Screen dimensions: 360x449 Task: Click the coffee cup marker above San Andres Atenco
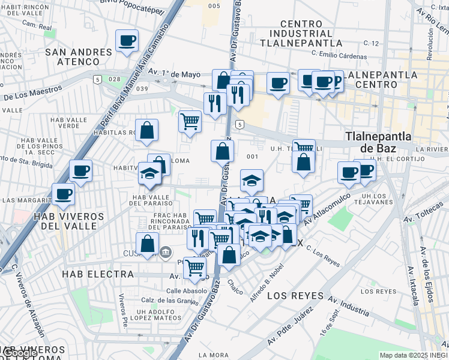tap(127, 41)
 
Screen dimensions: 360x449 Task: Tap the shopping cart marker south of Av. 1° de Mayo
tap(190, 121)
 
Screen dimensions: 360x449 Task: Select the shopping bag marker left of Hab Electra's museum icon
tap(147, 244)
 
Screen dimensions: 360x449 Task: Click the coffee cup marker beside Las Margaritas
tap(63, 194)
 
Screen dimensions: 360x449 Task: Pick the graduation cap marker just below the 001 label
tap(252, 179)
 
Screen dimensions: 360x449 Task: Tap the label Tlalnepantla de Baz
tap(378, 143)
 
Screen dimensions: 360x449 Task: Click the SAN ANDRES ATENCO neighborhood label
tap(78, 57)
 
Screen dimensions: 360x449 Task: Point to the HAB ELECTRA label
tap(97, 274)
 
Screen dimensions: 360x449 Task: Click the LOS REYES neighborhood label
tap(295, 296)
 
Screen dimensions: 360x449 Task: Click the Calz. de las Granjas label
tap(170, 300)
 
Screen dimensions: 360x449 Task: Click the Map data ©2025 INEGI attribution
tap(413, 355)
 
